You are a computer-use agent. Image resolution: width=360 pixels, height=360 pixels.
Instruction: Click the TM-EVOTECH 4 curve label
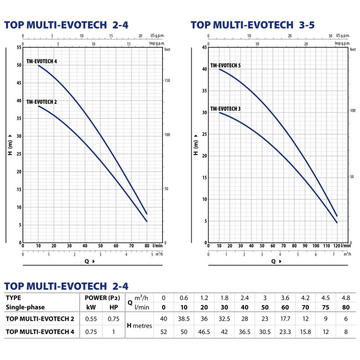41,61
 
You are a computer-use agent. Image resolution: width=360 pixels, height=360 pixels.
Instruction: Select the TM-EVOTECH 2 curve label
41,102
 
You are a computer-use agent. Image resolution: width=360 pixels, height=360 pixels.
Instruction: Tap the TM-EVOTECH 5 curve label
225,65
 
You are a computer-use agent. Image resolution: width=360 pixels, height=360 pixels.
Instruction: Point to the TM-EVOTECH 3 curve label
225,108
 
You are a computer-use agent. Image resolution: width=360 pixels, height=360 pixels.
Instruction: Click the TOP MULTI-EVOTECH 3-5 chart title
252,25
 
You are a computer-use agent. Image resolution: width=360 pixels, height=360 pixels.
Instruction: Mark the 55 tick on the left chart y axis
19,47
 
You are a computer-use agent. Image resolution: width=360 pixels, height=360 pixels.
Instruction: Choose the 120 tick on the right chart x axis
336,246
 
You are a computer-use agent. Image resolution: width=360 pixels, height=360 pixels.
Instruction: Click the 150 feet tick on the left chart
167,81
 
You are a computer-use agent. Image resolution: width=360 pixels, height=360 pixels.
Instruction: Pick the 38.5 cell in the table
184,319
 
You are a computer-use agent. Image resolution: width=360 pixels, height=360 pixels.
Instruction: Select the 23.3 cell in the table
285,332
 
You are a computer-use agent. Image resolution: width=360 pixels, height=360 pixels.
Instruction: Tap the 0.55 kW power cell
91,319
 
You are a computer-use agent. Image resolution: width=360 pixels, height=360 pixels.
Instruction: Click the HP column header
114,307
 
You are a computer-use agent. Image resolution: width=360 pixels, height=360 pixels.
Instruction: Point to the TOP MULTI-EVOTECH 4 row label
40,332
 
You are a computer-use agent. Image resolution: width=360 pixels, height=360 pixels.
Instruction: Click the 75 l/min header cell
325,307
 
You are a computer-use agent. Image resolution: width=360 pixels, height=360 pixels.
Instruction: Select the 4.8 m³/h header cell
346,298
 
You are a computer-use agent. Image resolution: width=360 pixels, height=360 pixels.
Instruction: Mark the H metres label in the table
139,325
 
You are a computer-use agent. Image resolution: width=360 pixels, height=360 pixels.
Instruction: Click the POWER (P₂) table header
103,298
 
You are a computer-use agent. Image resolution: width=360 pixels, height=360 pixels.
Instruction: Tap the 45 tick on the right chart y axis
204,47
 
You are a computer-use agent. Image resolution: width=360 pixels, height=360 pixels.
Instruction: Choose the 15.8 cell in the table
306,332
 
